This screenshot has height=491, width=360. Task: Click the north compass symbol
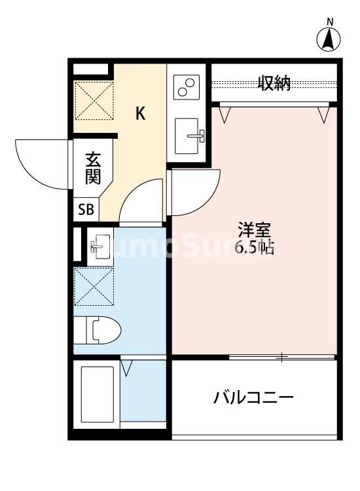pos(329,39)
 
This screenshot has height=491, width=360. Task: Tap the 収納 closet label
pos(274,83)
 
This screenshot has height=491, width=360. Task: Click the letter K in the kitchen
pos(140,113)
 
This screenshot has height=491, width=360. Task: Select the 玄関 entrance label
pos(92,170)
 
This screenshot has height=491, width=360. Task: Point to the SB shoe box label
pos(86,210)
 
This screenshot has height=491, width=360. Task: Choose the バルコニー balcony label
pos(253,397)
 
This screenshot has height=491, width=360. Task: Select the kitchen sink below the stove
pos(190,136)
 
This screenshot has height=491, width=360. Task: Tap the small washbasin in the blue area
pos(99,245)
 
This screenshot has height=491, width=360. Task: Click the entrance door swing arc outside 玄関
pos(41,164)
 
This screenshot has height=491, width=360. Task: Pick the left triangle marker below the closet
pos(226,115)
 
